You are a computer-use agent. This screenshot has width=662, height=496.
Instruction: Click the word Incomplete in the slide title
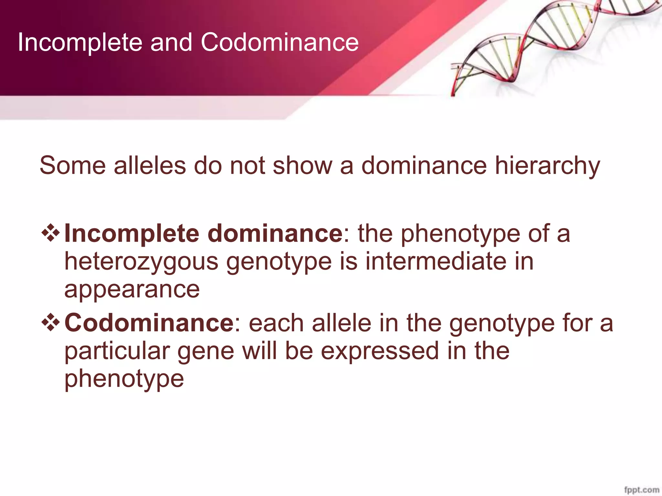tap(80, 43)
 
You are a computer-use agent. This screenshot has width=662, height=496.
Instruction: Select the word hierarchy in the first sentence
tap(548, 166)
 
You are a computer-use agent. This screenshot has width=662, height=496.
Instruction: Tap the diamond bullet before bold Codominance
tap(51, 323)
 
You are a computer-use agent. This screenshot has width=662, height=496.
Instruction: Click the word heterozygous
tap(141, 262)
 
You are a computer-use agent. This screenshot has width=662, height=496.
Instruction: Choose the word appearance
tap(132, 290)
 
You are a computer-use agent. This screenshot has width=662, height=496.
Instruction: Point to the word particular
tap(117, 351)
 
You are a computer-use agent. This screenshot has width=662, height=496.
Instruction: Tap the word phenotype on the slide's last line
tap(124, 379)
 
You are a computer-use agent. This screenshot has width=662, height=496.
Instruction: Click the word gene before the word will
tap(206, 352)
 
